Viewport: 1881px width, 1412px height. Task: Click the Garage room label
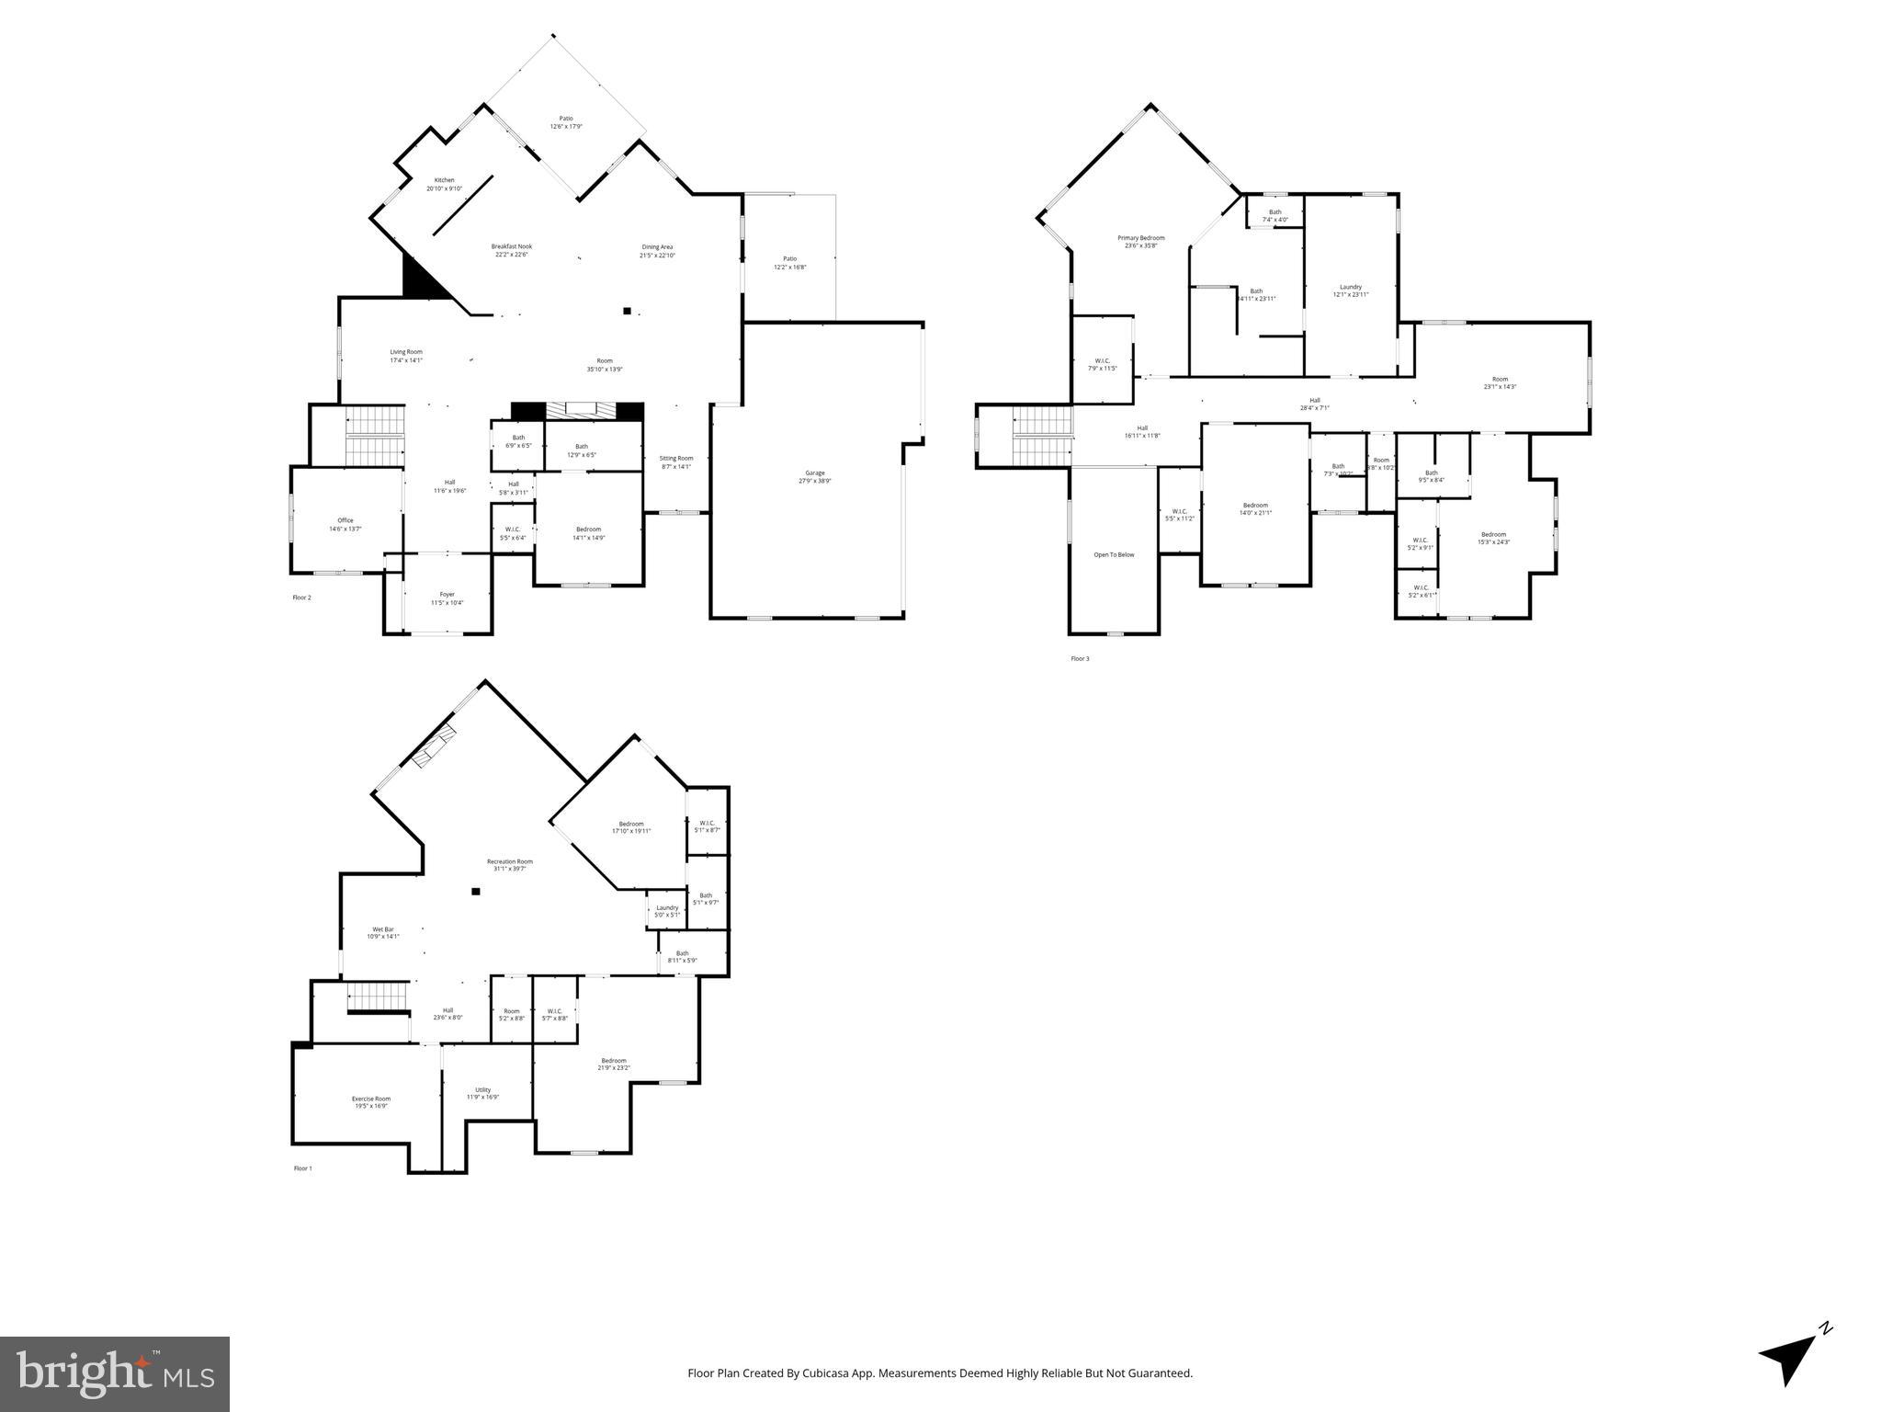814,473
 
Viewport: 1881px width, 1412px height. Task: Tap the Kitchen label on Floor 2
444,180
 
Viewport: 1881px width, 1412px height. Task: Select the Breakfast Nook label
511,246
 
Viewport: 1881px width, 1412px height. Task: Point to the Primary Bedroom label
1140,238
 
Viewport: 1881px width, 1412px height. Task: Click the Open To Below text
1114,555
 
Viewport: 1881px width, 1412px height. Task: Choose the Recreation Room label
509,862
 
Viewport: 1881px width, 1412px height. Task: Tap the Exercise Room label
371,1099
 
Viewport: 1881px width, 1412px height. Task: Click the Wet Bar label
382,929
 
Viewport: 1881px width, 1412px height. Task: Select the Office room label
345,521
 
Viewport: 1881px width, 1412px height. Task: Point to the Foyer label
447,595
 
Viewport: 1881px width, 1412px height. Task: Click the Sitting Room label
676,459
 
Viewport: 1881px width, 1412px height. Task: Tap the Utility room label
482,1090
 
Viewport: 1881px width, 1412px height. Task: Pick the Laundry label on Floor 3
1350,287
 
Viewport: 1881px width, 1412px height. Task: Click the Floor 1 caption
302,1168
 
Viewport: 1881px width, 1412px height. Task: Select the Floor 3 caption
1080,658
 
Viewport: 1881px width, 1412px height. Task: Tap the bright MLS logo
115,1373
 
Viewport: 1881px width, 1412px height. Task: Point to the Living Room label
405,352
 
